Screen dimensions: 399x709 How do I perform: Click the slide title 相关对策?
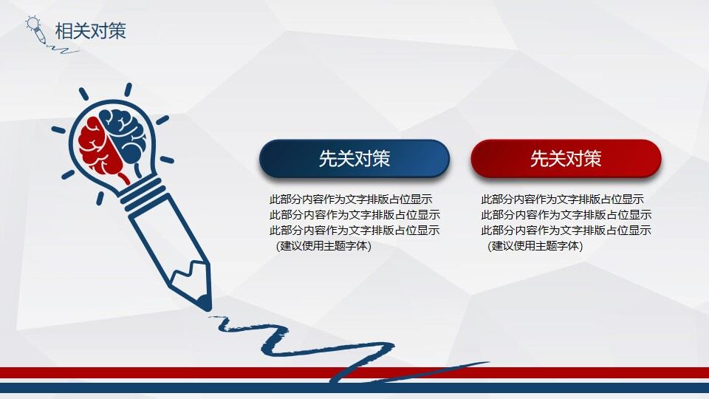click(x=90, y=30)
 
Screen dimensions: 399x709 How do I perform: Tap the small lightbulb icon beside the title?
click(x=34, y=27)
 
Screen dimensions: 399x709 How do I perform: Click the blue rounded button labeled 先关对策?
click(x=354, y=159)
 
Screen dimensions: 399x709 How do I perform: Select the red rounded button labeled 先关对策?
click(x=566, y=159)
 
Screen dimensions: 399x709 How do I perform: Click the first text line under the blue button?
click(x=351, y=199)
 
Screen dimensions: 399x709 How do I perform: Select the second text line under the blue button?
click(x=354, y=215)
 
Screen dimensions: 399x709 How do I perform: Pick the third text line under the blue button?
click(x=354, y=231)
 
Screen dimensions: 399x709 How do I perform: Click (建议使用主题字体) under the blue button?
click(x=323, y=246)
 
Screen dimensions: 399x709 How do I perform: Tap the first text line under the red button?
click(x=562, y=199)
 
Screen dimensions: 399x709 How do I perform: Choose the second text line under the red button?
click(x=566, y=215)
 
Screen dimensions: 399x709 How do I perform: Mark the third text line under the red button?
click(x=566, y=231)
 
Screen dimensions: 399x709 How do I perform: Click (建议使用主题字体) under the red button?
click(x=535, y=246)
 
